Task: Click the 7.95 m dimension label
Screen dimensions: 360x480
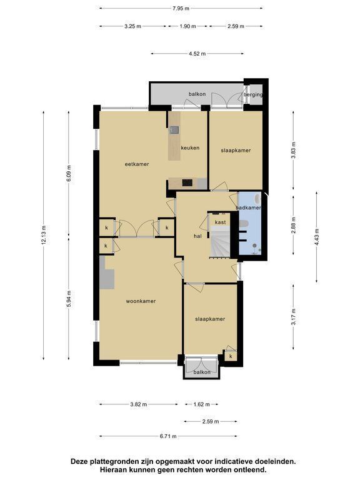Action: click(181, 9)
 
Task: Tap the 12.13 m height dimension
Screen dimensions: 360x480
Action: click(44, 235)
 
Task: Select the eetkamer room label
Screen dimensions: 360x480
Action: click(137, 164)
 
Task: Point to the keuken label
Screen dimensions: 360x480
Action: click(190, 148)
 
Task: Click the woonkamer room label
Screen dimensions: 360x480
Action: click(141, 301)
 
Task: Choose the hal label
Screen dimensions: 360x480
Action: click(197, 236)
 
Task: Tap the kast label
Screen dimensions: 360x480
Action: click(221, 222)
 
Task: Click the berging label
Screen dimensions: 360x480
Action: click(253, 94)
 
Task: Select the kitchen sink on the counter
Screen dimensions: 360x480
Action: click(175, 131)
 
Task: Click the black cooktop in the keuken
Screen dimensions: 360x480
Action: click(187, 182)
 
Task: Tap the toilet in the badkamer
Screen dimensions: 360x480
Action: click(243, 224)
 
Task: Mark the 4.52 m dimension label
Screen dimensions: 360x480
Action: click(197, 54)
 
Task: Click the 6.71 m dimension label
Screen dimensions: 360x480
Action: click(168, 436)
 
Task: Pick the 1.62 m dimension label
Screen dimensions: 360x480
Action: click(201, 404)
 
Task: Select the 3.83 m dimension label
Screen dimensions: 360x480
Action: click(294, 150)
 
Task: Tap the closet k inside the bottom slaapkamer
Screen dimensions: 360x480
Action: click(231, 356)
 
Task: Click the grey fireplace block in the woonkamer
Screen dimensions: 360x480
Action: click(106, 272)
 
